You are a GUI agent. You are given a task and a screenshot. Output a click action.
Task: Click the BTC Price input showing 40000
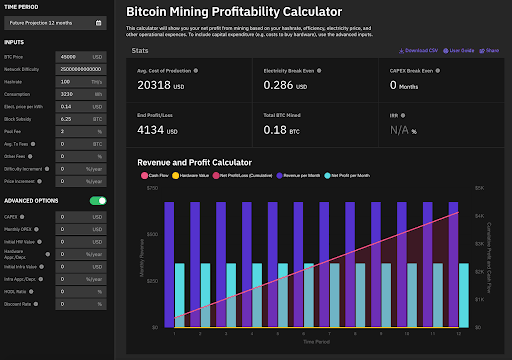pos(76,57)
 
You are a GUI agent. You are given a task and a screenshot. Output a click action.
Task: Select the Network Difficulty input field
pos(76,68)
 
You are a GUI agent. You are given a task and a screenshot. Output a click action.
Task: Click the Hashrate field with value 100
pos(76,80)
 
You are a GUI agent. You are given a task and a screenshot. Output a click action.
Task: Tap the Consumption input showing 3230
pos(76,92)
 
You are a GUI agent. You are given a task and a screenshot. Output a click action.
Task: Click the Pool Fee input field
pos(76,130)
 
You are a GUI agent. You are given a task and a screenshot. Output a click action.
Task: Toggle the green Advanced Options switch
pos(98,200)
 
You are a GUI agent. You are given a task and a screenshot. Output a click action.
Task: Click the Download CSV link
pos(420,48)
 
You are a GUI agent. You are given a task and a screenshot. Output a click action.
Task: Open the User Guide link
pos(458,48)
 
